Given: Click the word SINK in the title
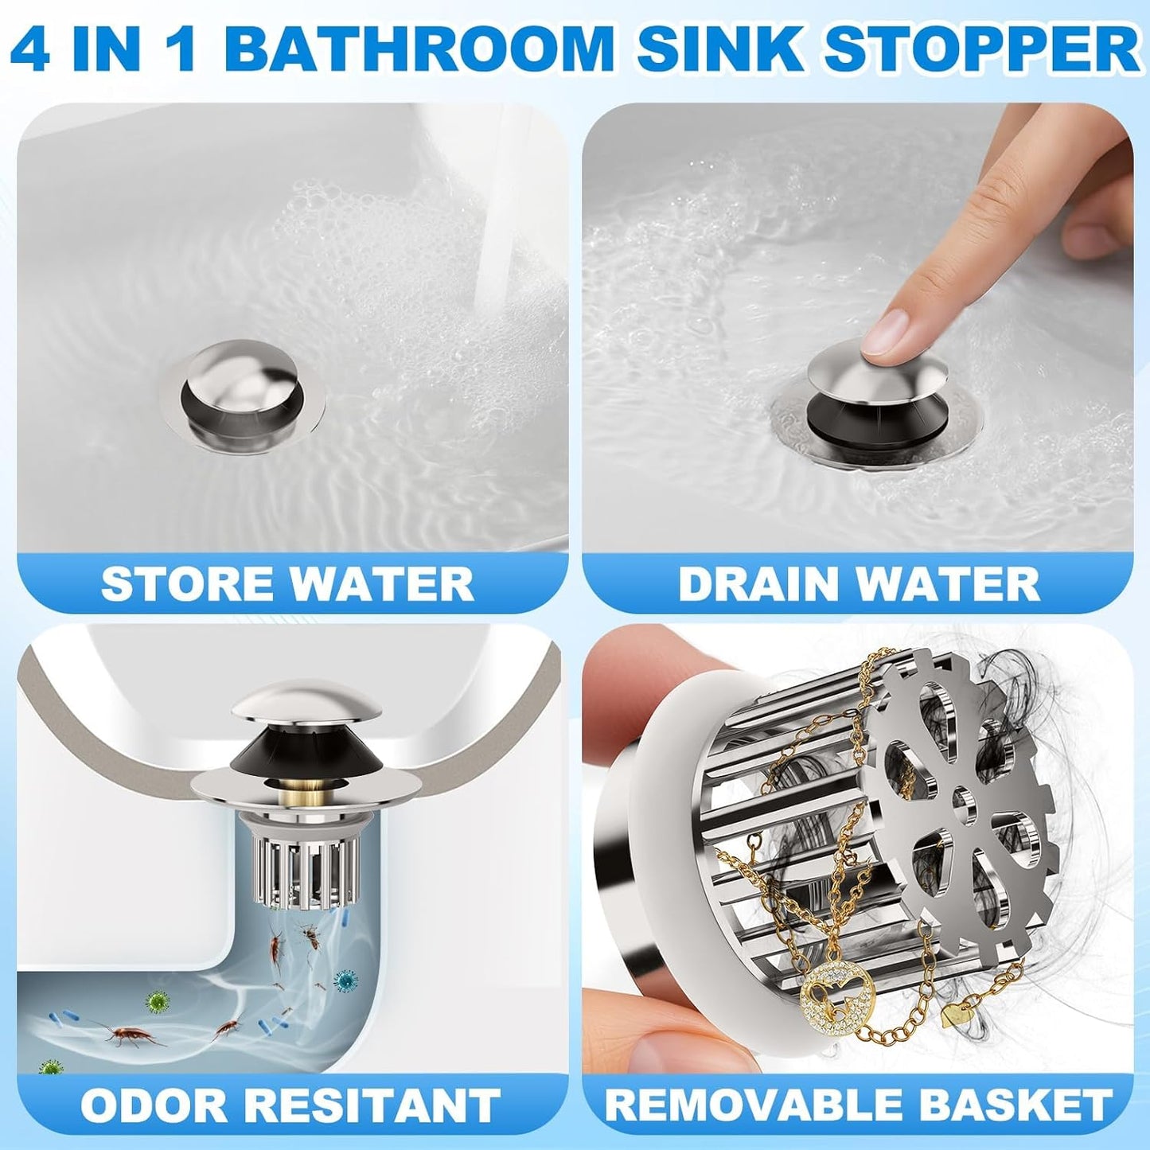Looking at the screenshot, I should pos(720,49).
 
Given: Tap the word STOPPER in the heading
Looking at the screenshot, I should pos(982,49).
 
